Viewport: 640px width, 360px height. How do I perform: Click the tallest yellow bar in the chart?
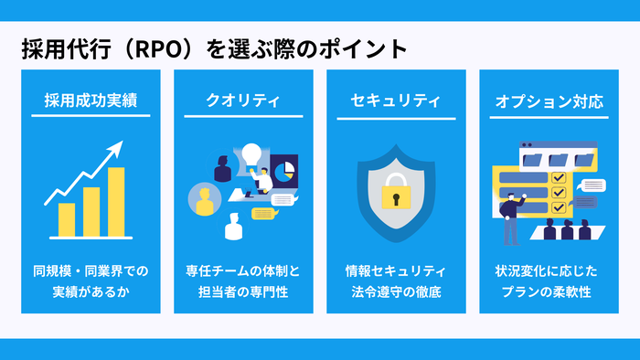click(116, 201)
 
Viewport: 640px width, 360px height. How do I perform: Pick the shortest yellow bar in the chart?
click(67, 219)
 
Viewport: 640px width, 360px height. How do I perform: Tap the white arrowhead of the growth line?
click(117, 147)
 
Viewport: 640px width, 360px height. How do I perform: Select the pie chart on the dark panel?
click(283, 168)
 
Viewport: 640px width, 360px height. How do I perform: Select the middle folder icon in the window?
click(557, 158)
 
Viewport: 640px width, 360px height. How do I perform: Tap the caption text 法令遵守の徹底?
click(396, 292)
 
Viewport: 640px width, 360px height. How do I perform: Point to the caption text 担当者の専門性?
click(242, 292)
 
